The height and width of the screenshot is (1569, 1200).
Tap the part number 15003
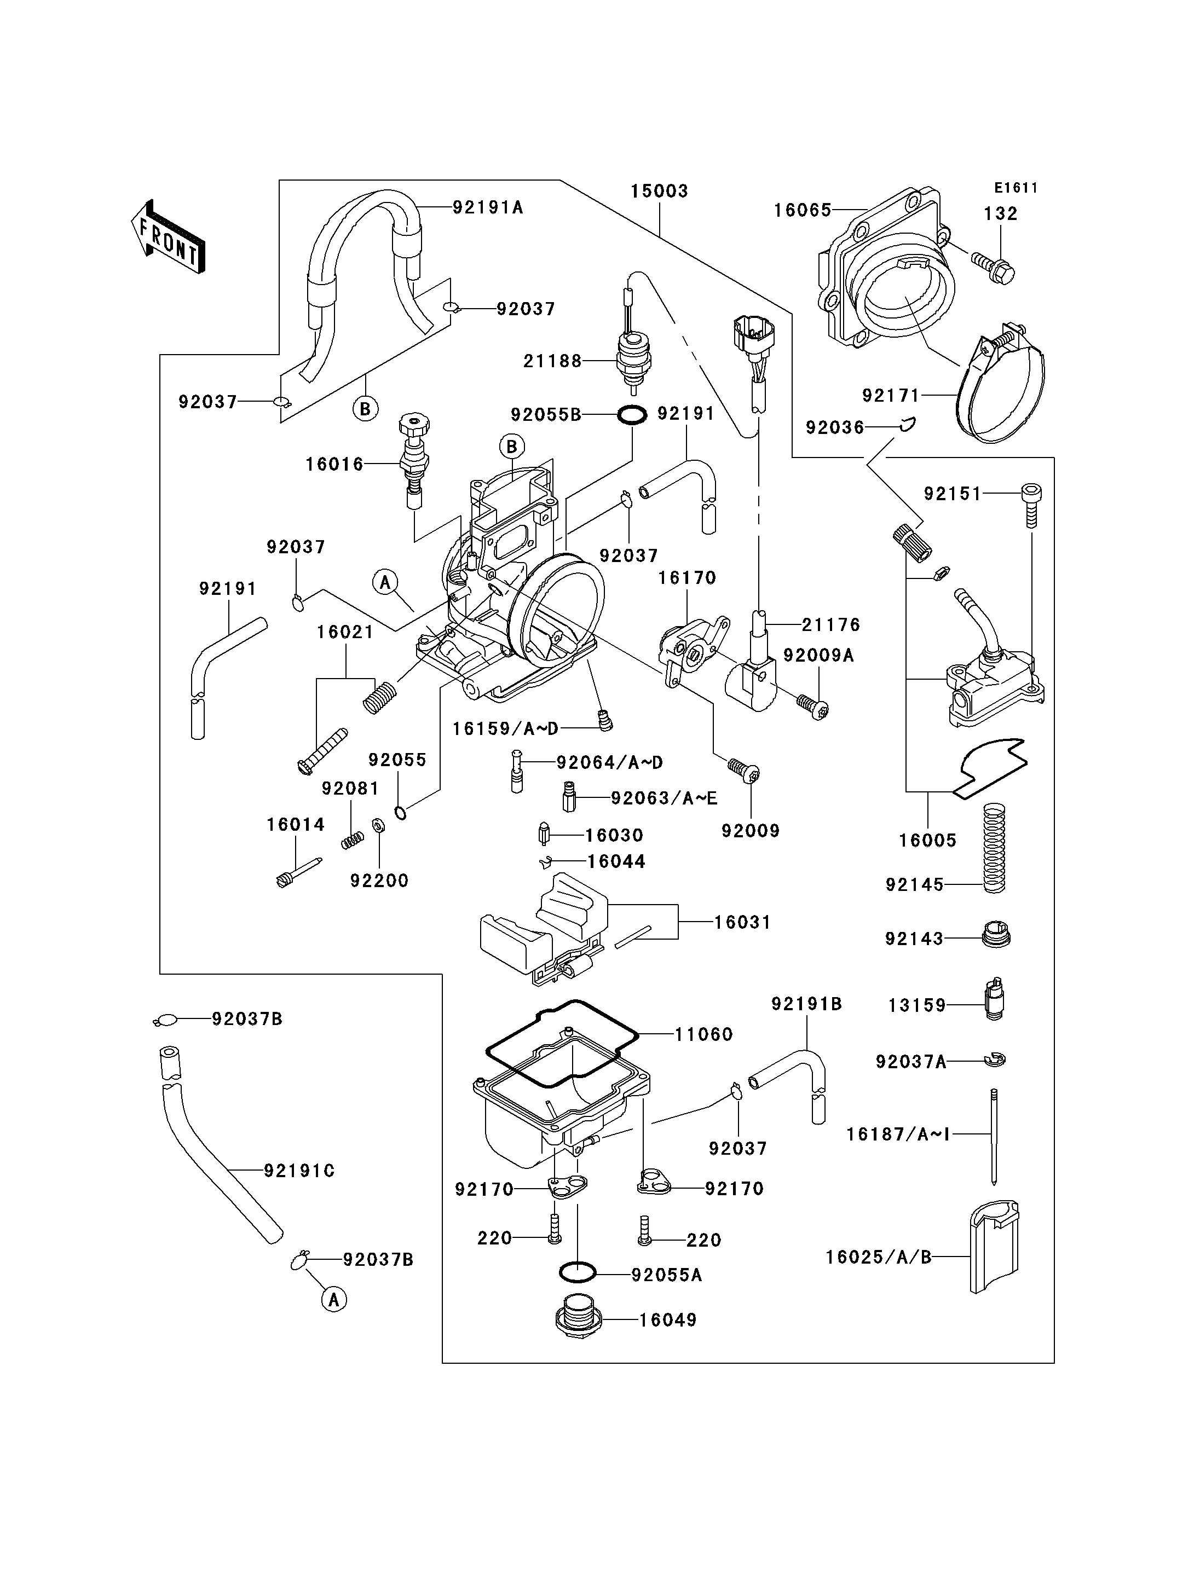click(x=659, y=192)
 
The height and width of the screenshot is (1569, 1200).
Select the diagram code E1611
click(x=1016, y=188)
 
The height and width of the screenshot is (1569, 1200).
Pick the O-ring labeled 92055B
click(x=632, y=414)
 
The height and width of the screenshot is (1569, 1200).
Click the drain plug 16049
click(x=579, y=1320)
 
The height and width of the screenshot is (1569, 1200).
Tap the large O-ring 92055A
click(x=577, y=1272)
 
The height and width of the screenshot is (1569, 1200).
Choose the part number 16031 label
click(x=743, y=923)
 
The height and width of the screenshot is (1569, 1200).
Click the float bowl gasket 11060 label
click(x=703, y=1034)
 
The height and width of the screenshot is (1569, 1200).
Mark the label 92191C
click(x=299, y=1171)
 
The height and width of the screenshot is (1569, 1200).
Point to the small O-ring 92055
click(x=401, y=813)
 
